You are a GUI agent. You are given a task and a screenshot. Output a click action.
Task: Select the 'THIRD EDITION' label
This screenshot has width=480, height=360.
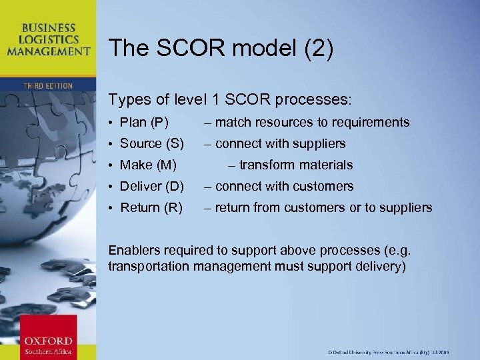click(x=47, y=86)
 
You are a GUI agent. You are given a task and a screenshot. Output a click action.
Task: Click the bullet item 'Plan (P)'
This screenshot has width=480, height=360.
click(x=144, y=122)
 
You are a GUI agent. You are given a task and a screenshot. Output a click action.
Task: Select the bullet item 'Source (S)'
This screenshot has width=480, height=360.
click(x=151, y=143)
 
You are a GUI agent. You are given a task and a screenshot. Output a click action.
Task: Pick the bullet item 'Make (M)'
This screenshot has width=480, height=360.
click(x=148, y=165)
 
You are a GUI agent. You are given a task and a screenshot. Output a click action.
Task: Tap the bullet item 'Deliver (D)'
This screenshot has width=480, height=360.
click(x=152, y=186)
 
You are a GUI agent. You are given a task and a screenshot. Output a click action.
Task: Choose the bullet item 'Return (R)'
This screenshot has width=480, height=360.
click(x=151, y=207)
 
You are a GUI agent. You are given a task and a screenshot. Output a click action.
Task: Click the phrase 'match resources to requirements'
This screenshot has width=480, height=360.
click(x=312, y=122)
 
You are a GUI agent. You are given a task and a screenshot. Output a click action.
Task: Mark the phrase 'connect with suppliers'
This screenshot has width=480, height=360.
click(x=280, y=143)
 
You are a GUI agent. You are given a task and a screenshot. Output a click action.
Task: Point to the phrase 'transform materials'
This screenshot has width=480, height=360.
click(x=295, y=165)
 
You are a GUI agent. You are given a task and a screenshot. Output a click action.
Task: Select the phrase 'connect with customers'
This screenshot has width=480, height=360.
click(x=284, y=186)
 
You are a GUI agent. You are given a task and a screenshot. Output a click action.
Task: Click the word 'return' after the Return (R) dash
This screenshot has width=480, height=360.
click(x=233, y=207)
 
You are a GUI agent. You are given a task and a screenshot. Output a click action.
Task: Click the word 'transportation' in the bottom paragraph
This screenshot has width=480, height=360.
click(x=148, y=267)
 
